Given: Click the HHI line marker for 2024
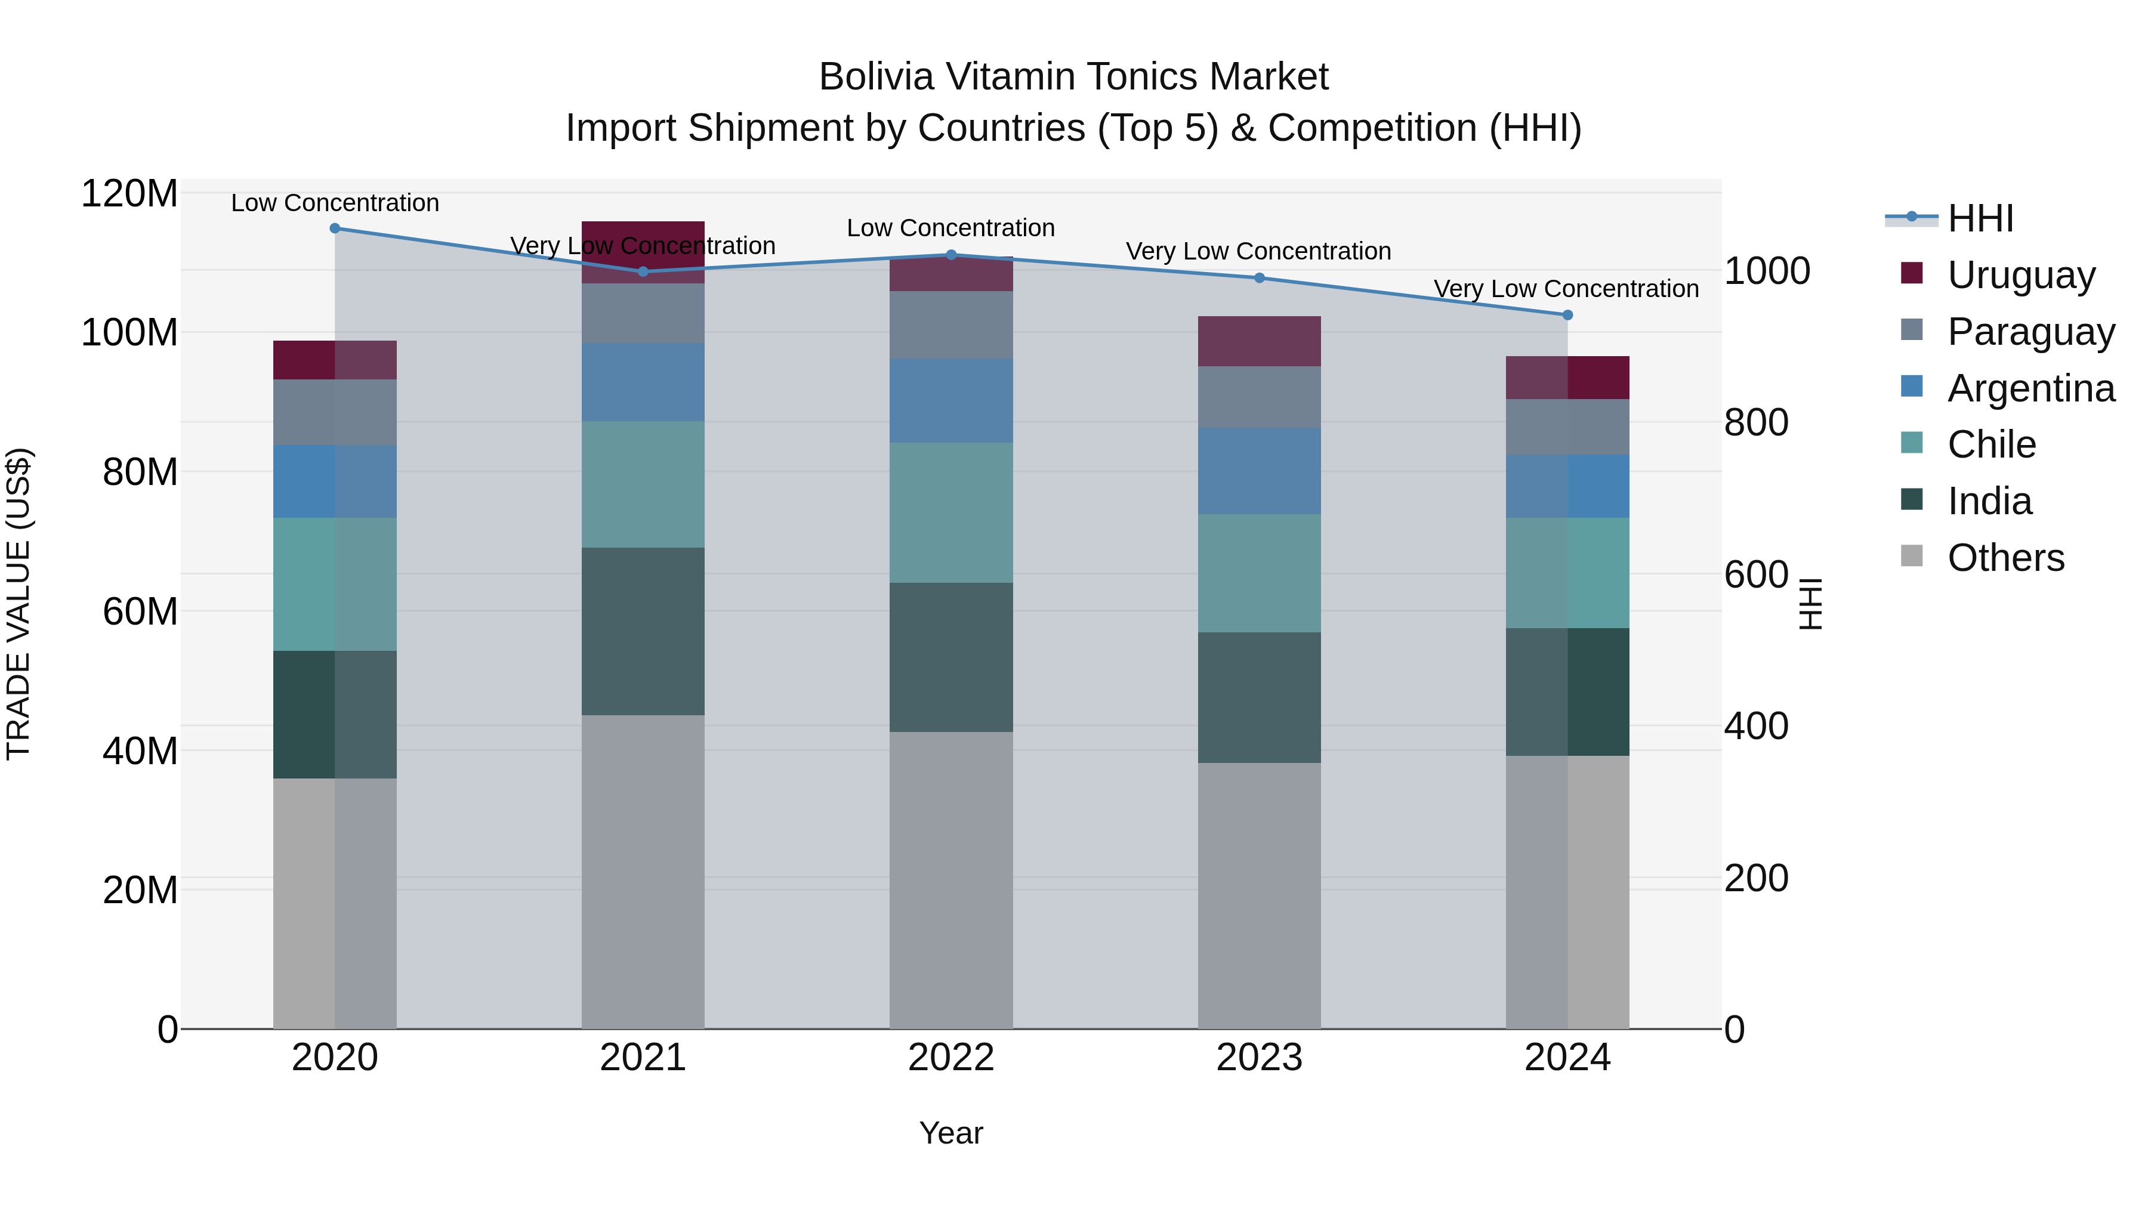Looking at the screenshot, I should (1567, 315).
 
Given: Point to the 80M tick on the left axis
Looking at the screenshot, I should (139, 472).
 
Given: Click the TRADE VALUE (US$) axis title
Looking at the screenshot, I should (18, 604).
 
